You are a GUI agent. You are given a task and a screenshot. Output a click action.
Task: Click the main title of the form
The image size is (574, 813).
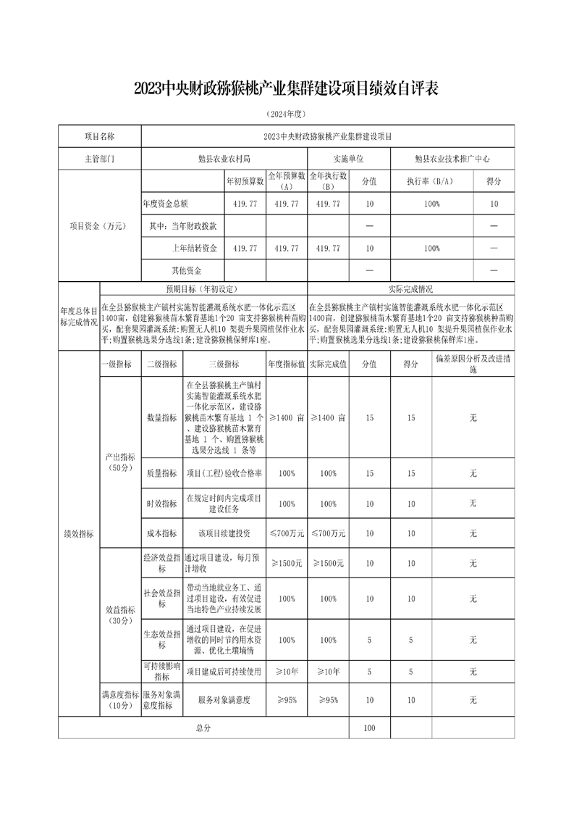coord(287,88)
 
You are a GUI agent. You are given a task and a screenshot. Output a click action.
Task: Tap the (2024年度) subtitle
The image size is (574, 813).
coord(287,114)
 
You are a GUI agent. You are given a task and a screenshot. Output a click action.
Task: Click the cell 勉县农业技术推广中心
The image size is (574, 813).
coord(453,157)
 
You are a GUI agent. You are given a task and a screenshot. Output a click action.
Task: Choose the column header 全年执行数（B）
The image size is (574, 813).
coord(329,181)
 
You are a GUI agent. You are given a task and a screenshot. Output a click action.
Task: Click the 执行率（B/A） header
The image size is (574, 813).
coord(432,181)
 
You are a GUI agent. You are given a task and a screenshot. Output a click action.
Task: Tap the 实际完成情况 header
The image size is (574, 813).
coord(411,288)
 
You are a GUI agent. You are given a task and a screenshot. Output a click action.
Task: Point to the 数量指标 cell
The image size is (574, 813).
coord(161,417)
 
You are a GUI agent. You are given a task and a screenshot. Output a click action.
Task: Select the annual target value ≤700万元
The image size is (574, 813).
coord(286,533)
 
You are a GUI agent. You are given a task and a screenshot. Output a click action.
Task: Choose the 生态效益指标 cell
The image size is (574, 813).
coord(161,640)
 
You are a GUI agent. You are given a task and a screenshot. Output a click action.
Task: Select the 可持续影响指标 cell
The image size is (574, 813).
coord(161,672)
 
